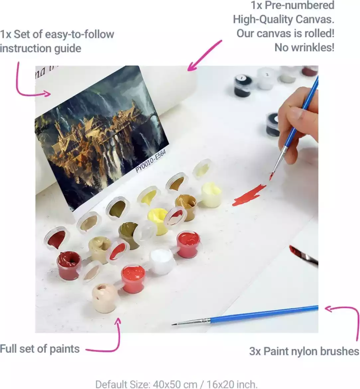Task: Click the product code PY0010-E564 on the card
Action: click(150, 161)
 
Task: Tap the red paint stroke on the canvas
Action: click(249, 195)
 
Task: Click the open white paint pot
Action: click(161, 261)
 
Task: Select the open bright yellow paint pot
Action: click(158, 221)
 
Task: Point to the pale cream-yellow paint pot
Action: click(211, 195)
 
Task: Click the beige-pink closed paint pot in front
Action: click(105, 298)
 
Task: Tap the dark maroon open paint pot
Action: click(69, 265)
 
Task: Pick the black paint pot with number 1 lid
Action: click(243, 85)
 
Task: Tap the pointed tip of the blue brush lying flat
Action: click(173, 324)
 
